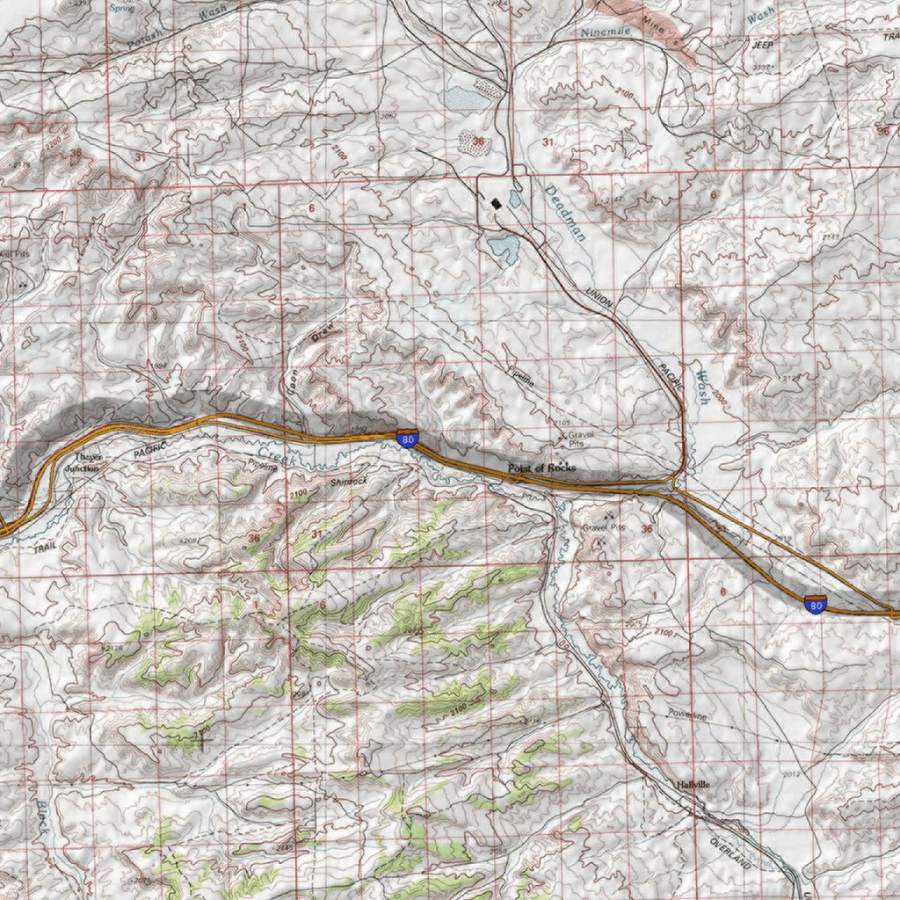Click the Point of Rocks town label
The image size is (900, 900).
541,468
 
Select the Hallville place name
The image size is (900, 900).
693,784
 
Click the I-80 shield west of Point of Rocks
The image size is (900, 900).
407,438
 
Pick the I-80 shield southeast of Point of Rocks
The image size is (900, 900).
816,604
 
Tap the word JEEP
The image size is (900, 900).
761,43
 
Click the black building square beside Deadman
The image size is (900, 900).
497,203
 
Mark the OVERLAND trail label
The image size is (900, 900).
730,853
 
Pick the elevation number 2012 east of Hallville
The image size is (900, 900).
791,774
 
